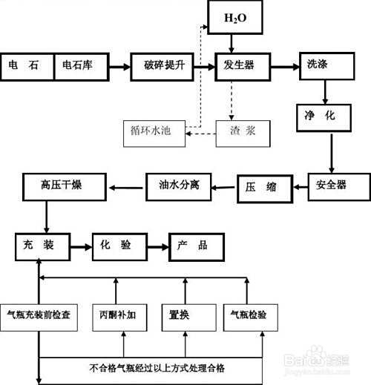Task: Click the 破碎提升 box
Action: pos(163,66)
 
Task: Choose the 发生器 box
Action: pos(243,66)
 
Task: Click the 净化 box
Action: pos(329,116)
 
